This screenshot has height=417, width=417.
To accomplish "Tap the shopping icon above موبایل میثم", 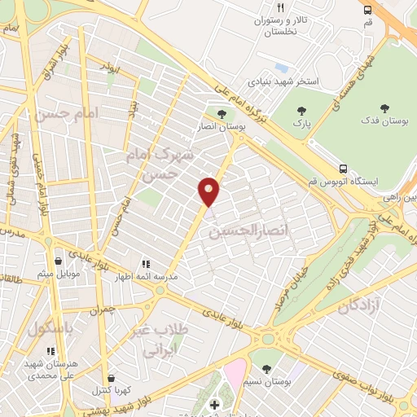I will click(x=59, y=261).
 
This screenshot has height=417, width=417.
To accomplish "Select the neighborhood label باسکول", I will click(x=50, y=329).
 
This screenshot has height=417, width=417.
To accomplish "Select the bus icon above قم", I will click(x=368, y=10).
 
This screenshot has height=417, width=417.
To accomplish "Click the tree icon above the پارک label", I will click(x=303, y=111).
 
